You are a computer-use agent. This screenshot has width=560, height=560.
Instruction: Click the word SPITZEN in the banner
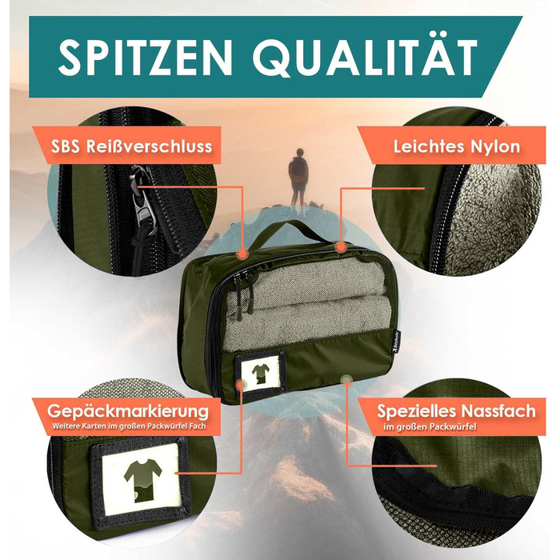[x=146, y=58]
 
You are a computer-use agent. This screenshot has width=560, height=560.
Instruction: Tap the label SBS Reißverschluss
[x=131, y=146]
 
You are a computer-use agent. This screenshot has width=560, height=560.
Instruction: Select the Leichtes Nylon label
[x=457, y=146]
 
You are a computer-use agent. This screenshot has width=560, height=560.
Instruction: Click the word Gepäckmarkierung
[x=128, y=411]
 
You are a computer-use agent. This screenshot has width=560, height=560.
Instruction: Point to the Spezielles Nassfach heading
[x=457, y=411]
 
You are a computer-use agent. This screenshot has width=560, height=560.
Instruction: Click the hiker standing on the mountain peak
[x=298, y=178]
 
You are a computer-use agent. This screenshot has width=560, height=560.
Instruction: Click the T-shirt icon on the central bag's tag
[x=261, y=374]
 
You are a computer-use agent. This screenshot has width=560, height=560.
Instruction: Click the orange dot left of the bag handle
[x=242, y=254]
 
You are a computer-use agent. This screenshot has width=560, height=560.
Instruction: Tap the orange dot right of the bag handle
[x=340, y=246]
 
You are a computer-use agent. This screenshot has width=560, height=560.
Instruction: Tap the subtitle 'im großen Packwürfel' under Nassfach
[x=430, y=426]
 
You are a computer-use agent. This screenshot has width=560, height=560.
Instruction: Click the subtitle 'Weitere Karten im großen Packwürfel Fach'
[x=129, y=426]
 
